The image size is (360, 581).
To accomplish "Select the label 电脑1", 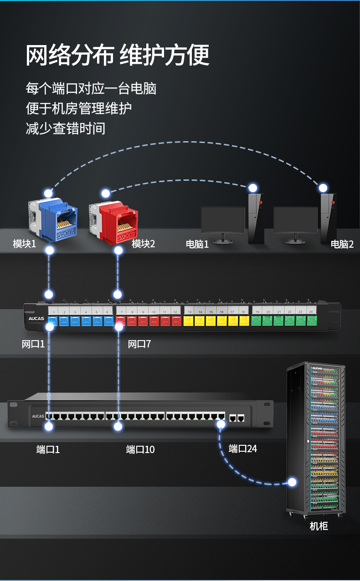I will pos(197,244).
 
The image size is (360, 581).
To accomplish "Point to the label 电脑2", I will pos(342,244).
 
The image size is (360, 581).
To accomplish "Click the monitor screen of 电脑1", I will pos(223,220).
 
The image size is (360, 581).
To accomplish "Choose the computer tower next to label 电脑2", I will pos(328,219).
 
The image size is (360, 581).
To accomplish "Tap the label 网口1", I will pos(33,344).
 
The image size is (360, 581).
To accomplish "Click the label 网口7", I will pos(139,344).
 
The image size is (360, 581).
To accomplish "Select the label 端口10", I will pos(140,450).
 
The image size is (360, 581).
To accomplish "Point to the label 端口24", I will pos(243,449).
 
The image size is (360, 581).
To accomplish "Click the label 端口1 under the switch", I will pos(48,450).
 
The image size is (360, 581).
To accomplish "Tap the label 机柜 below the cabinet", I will pos(319,526).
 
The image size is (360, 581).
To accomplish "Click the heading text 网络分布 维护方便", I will pos(118,56).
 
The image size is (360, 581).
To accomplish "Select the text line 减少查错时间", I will pos(66,128).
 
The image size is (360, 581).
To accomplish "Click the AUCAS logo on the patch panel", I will pos(36,319).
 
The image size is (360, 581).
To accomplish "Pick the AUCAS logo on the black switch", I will pos(37,416).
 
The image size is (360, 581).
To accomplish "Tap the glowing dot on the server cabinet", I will pos(292,482).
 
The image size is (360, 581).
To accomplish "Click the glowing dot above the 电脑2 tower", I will pos(323,188).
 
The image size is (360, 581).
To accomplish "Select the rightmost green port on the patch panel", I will pos(312,321).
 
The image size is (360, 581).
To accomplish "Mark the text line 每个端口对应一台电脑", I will pos(91,88).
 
